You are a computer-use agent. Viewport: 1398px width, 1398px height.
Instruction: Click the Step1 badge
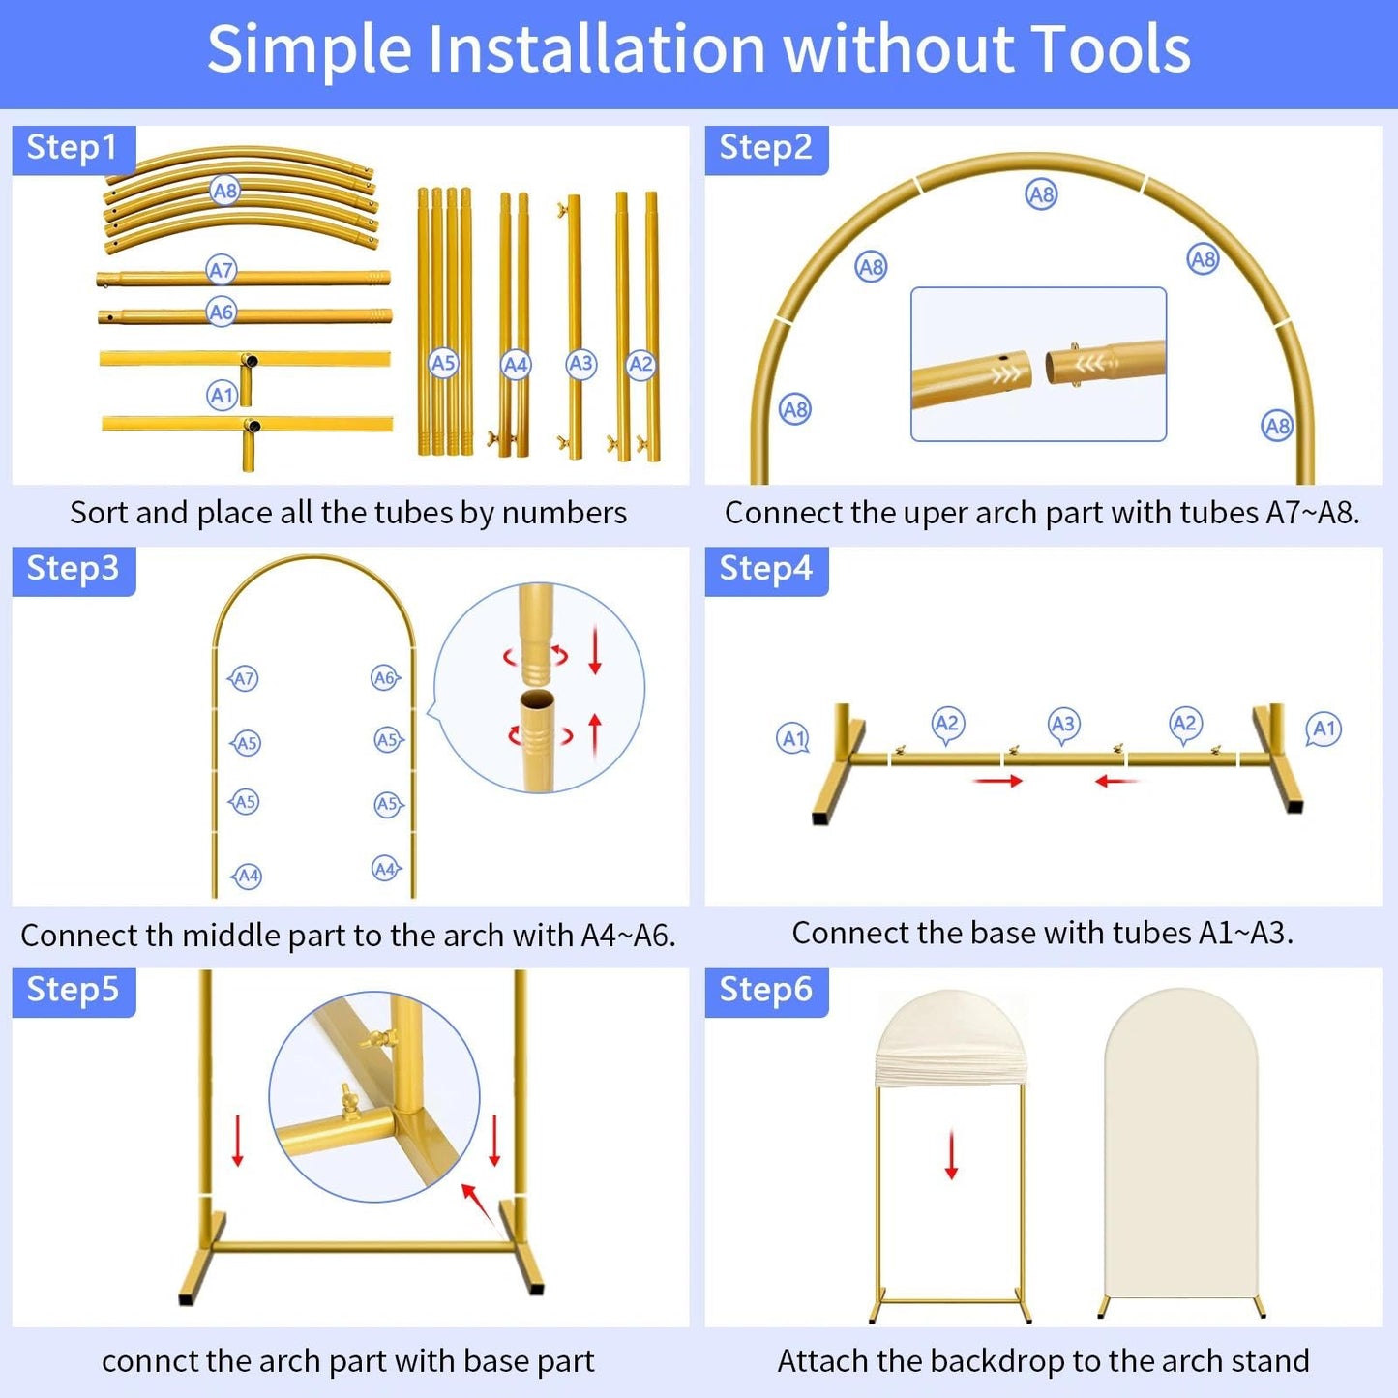coord(74,149)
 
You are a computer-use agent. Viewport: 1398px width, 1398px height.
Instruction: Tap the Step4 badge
coord(766,570)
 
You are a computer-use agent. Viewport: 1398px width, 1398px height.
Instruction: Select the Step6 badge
coord(766,991)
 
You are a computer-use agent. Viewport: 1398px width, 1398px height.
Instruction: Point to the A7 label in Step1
coord(222,270)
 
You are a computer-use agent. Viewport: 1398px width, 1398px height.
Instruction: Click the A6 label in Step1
coord(222,312)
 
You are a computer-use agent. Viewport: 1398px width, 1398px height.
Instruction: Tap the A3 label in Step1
coord(581,364)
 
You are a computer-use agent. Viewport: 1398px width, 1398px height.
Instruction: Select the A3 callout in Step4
coord(1063,725)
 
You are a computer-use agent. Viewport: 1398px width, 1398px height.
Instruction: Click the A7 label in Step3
coord(243,678)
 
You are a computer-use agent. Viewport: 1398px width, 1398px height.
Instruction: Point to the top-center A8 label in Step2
coord(1042,194)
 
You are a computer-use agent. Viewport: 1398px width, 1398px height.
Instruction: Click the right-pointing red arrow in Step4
coord(997,781)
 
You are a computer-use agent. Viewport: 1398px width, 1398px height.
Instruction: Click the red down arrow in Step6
coord(952,1153)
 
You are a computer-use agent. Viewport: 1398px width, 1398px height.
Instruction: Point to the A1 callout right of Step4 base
coord(1324,729)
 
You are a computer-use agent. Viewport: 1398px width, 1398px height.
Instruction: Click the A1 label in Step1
coord(222,396)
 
